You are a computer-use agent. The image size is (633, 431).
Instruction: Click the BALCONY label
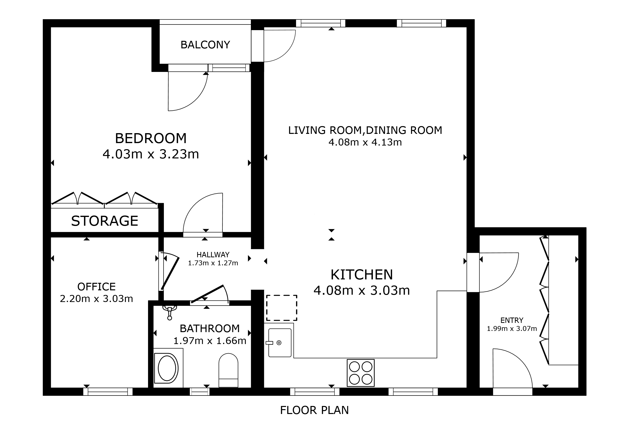point(205,45)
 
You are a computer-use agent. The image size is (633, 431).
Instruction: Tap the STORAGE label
point(105,221)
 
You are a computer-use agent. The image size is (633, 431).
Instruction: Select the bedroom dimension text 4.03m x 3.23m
point(151,154)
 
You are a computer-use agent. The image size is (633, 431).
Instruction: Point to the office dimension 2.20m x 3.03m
point(97,299)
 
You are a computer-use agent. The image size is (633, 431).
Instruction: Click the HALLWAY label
point(213,255)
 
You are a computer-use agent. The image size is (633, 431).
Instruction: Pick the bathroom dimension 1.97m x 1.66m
point(210,341)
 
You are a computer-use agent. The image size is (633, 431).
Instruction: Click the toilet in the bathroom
point(228,370)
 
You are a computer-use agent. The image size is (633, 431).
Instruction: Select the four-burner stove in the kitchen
point(361,373)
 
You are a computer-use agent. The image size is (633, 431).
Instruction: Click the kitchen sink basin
point(280,343)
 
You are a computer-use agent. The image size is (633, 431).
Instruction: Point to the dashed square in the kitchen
point(282,308)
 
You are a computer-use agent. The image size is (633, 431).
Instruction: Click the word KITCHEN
point(362,275)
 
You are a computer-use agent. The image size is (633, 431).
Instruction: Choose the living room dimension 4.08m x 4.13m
point(365,142)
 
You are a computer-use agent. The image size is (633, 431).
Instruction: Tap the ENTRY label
point(512,320)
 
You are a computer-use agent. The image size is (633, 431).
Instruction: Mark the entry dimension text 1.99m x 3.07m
point(512,329)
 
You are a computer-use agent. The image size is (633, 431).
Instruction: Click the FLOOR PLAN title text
point(314,410)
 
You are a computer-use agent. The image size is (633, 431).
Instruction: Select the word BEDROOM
point(151,138)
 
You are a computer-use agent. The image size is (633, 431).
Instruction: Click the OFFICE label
point(97,287)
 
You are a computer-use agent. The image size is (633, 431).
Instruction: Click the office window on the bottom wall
point(108,392)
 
